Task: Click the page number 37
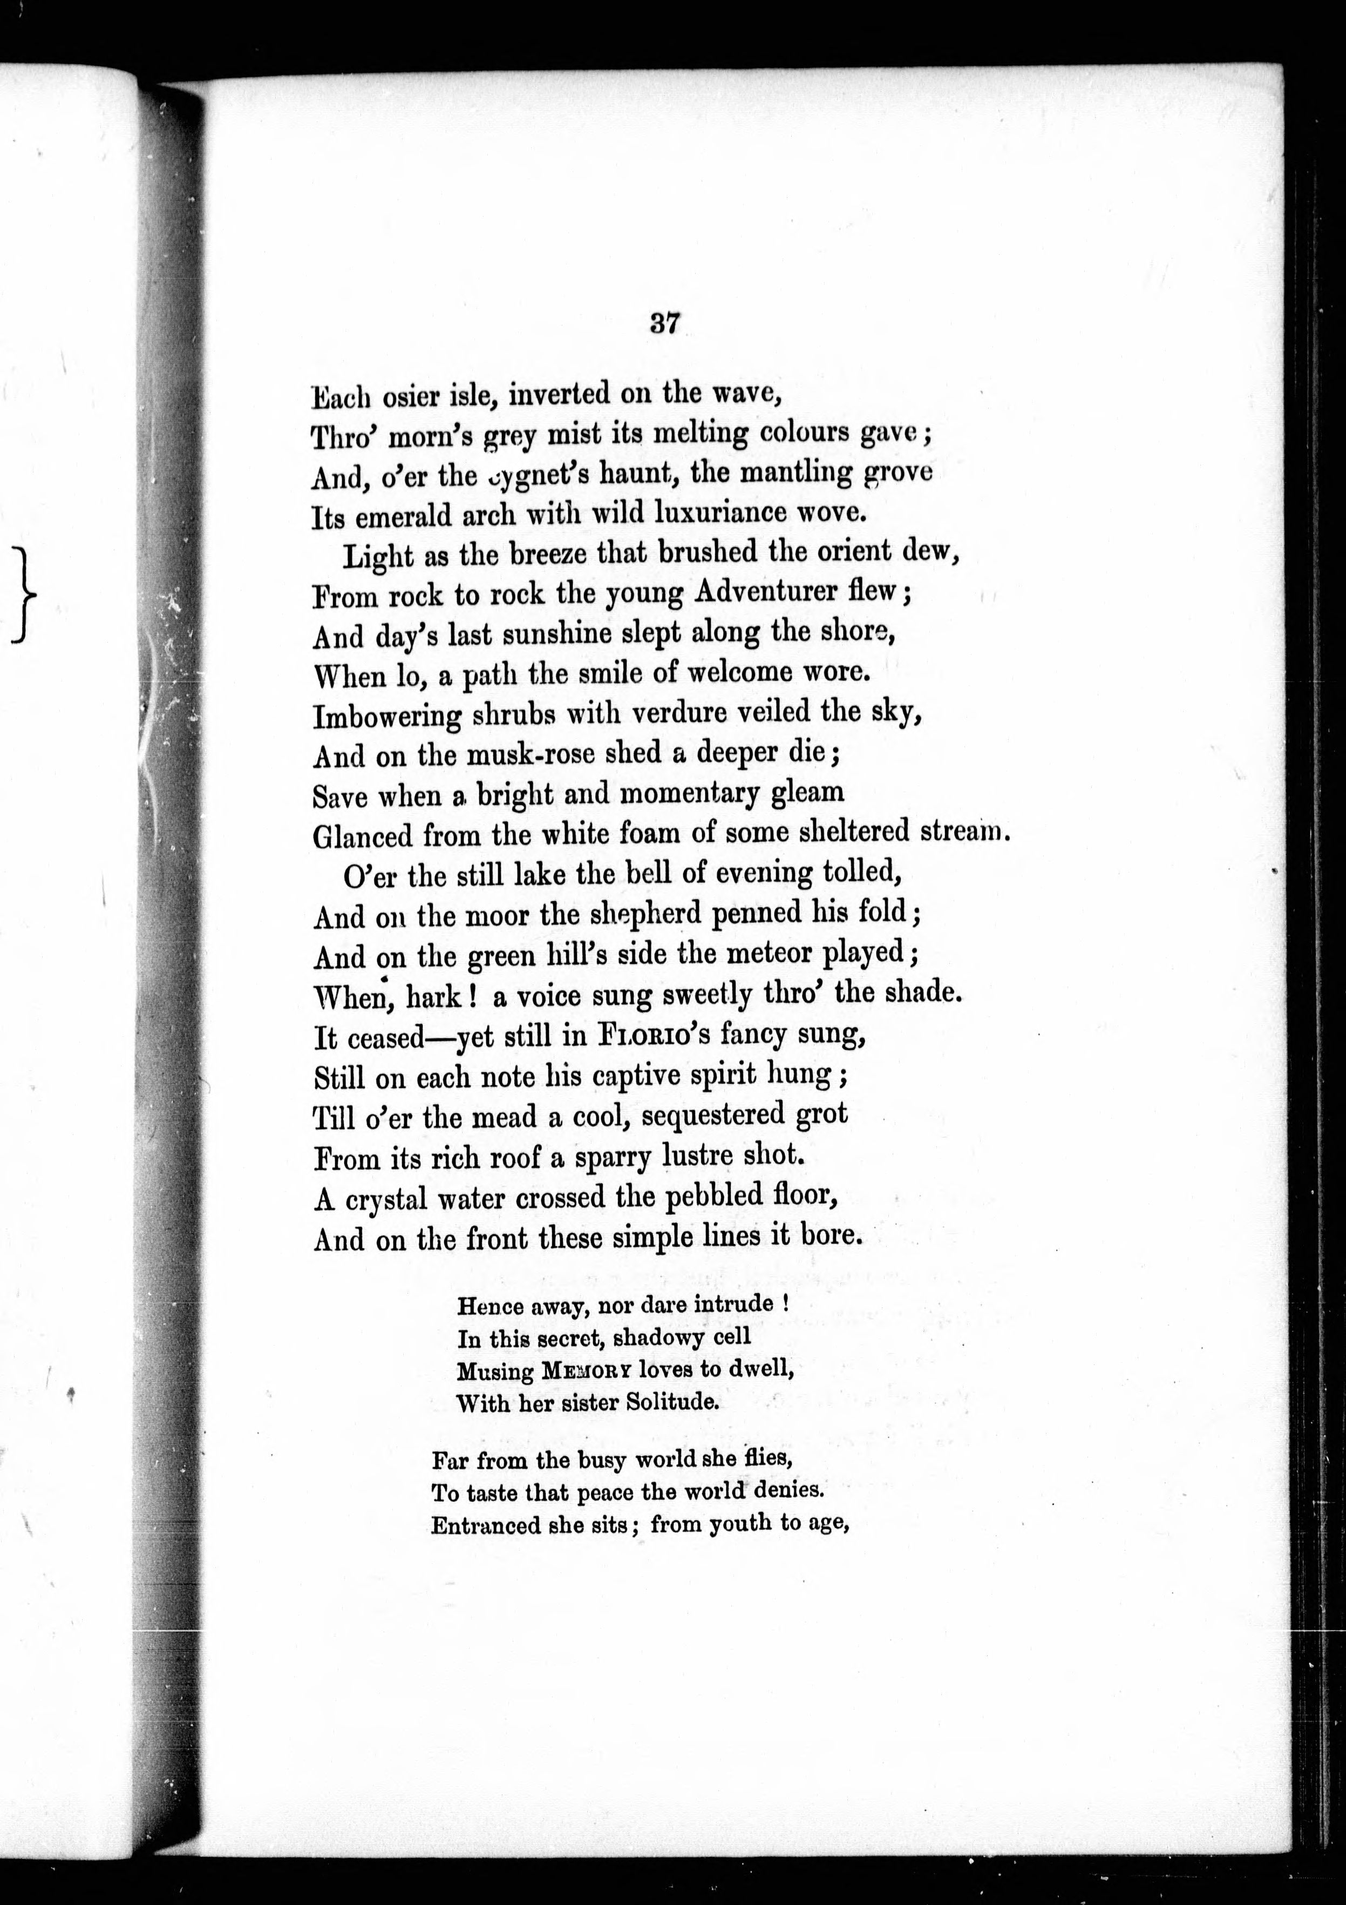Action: (x=665, y=322)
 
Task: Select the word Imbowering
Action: (x=386, y=715)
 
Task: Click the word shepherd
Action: (x=635, y=914)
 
